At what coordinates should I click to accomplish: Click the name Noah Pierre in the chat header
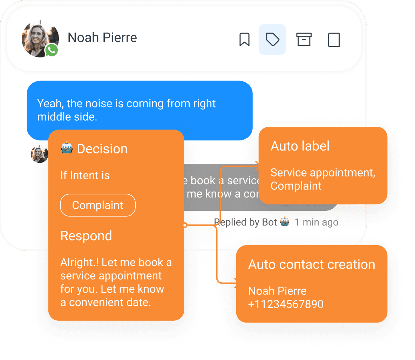[102, 37]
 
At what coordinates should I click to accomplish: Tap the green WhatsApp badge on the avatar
[52, 50]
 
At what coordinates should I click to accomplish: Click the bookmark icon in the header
[244, 40]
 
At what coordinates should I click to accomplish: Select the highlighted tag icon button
[272, 40]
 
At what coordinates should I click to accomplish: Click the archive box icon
[304, 40]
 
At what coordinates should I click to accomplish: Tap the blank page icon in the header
[333, 40]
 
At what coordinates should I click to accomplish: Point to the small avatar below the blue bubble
[39, 154]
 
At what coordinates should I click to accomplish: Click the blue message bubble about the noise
[140, 110]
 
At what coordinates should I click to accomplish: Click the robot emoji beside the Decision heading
[67, 148]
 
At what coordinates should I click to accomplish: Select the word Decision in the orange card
[102, 149]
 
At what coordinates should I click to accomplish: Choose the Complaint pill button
[98, 205]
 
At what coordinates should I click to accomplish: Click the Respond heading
[86, 236]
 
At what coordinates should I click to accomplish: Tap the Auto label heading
[300, 146]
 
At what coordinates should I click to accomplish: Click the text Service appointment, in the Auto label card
[323, 173]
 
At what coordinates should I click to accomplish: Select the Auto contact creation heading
[312, 264]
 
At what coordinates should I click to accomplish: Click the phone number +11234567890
[286, 304]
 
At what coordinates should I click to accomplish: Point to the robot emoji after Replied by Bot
[285, 222]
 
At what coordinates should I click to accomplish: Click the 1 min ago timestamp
[317, 222]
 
